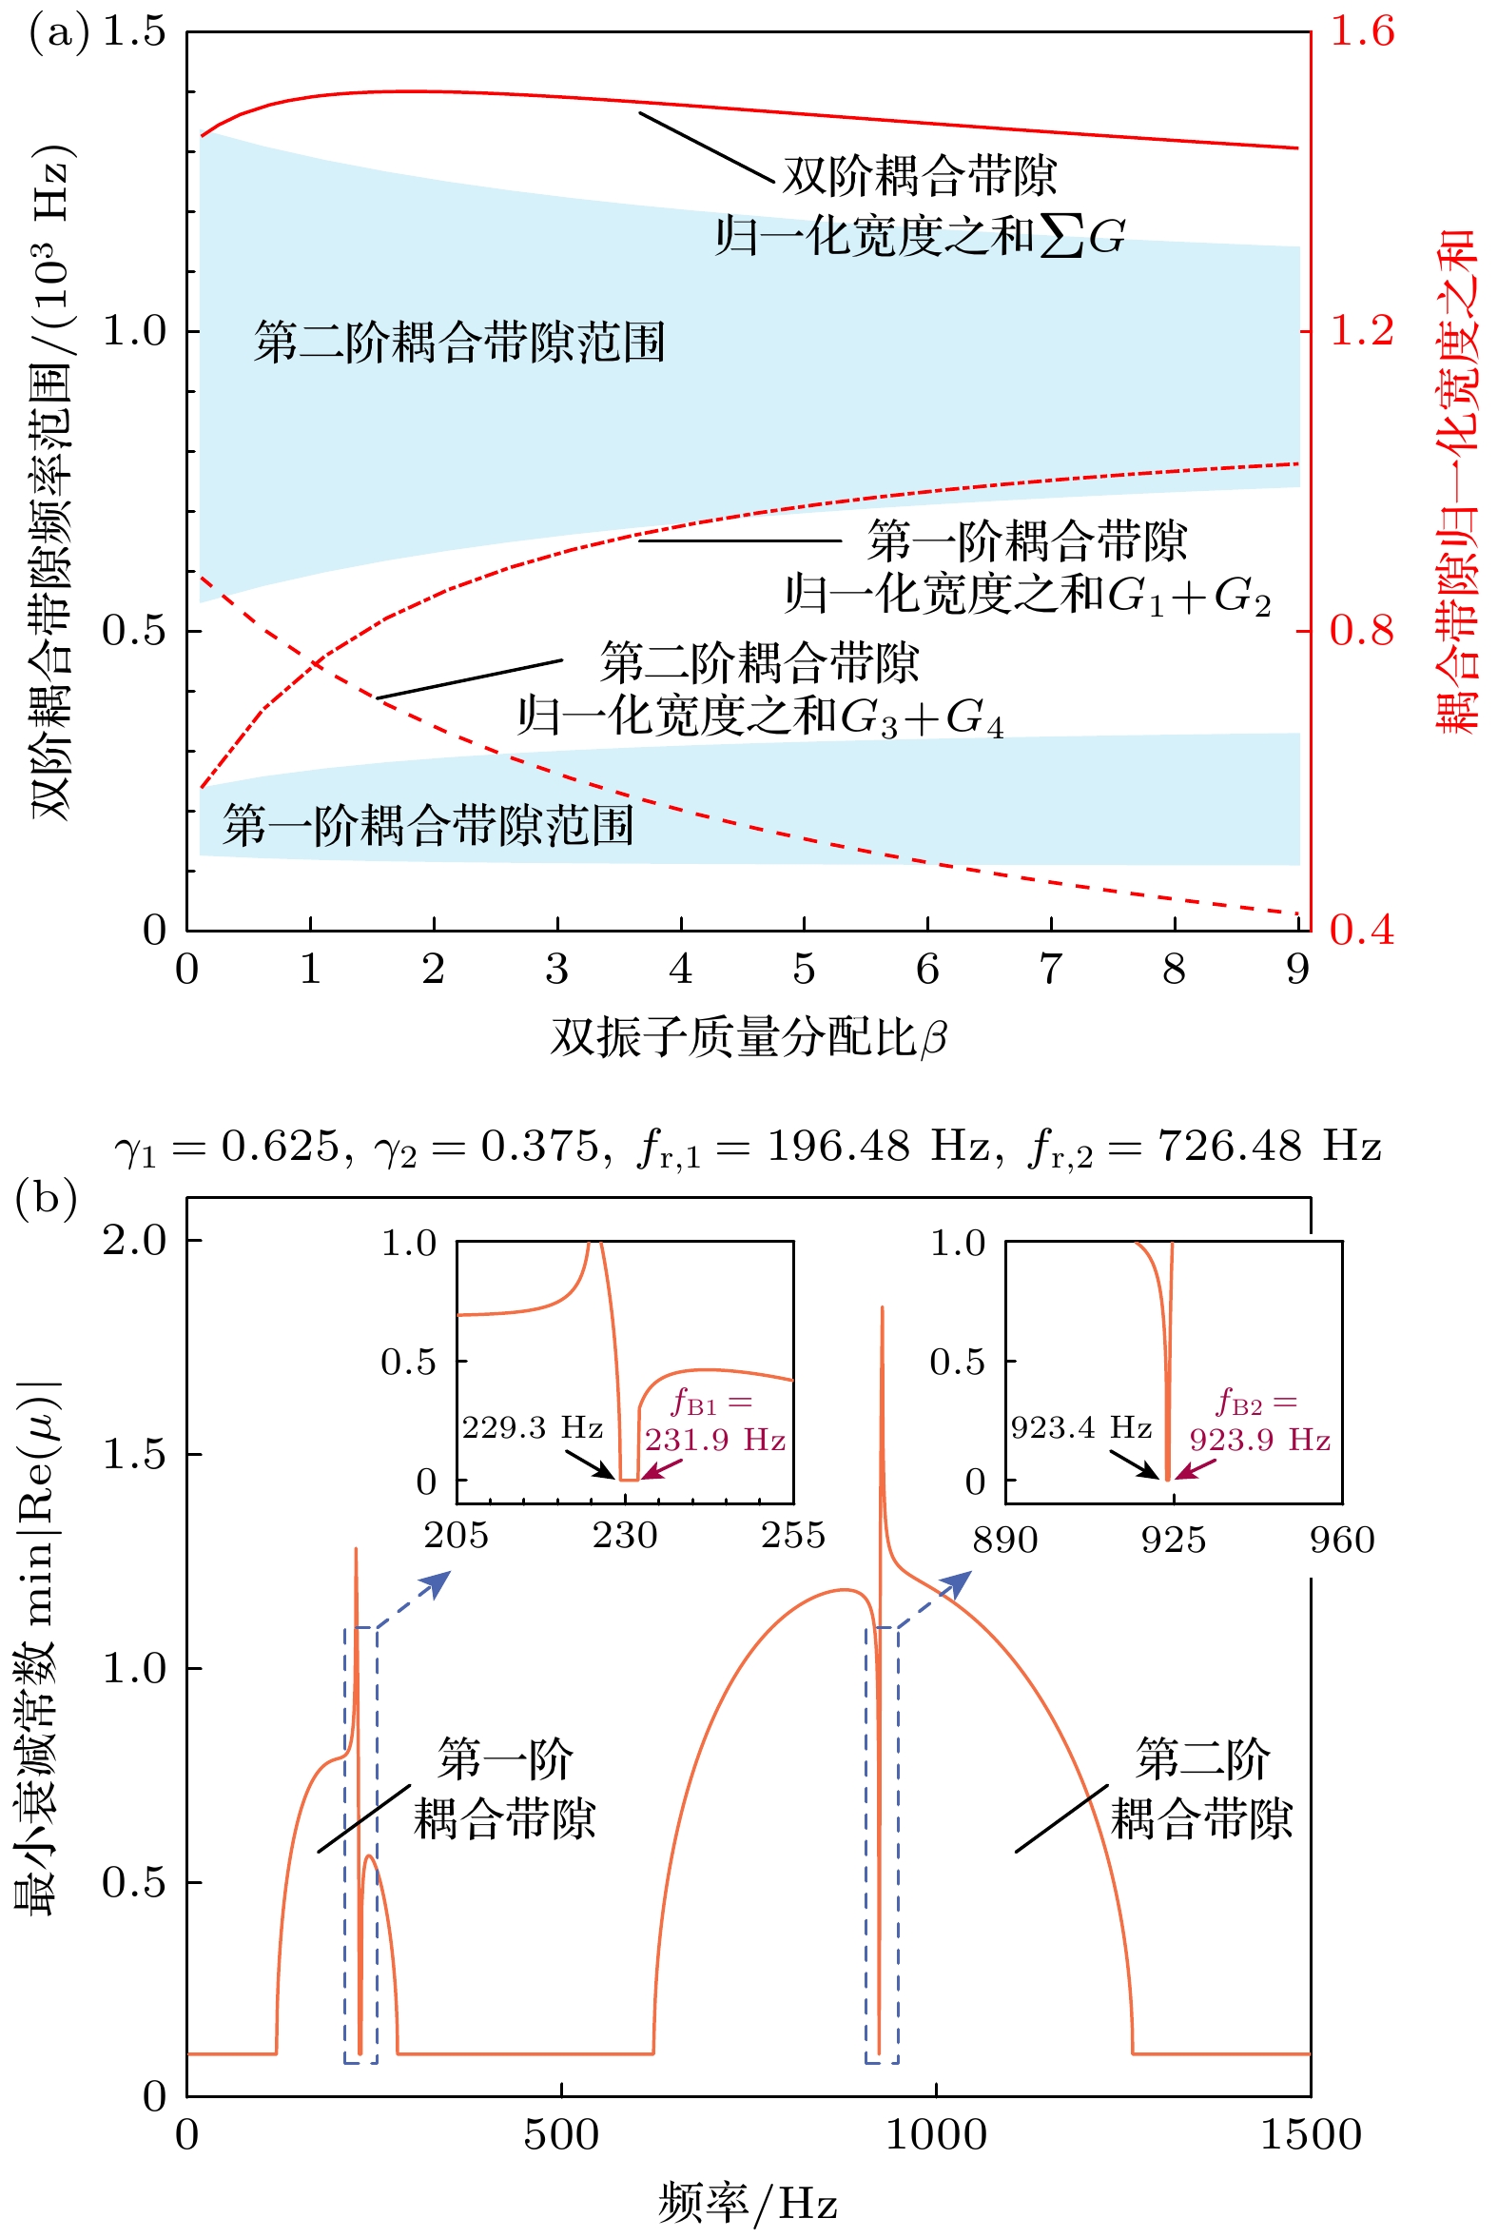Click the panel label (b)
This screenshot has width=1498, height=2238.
[46, 1198]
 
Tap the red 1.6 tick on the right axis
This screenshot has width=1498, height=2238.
[1362, 32]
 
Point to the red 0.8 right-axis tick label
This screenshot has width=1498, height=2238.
[1362, 631]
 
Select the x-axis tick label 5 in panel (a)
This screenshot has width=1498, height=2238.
[804, 970]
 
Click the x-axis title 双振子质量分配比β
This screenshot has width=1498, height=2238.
[748, 1038]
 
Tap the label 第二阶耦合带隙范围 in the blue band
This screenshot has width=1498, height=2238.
[458, 343]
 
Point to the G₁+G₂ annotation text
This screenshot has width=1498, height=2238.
[1189, 597]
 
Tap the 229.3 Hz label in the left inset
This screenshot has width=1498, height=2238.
[532, 1427]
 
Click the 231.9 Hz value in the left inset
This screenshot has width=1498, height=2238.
[714, 1440]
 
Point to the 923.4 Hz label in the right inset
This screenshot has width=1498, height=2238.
[1081, 1427]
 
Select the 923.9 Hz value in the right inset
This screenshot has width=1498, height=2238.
[1259, 1440]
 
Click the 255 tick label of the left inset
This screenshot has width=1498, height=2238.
[792, 1536]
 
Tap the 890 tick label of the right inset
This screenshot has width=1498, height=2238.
[1005, 1541]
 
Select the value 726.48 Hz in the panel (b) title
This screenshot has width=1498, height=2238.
[1270, 1145]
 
